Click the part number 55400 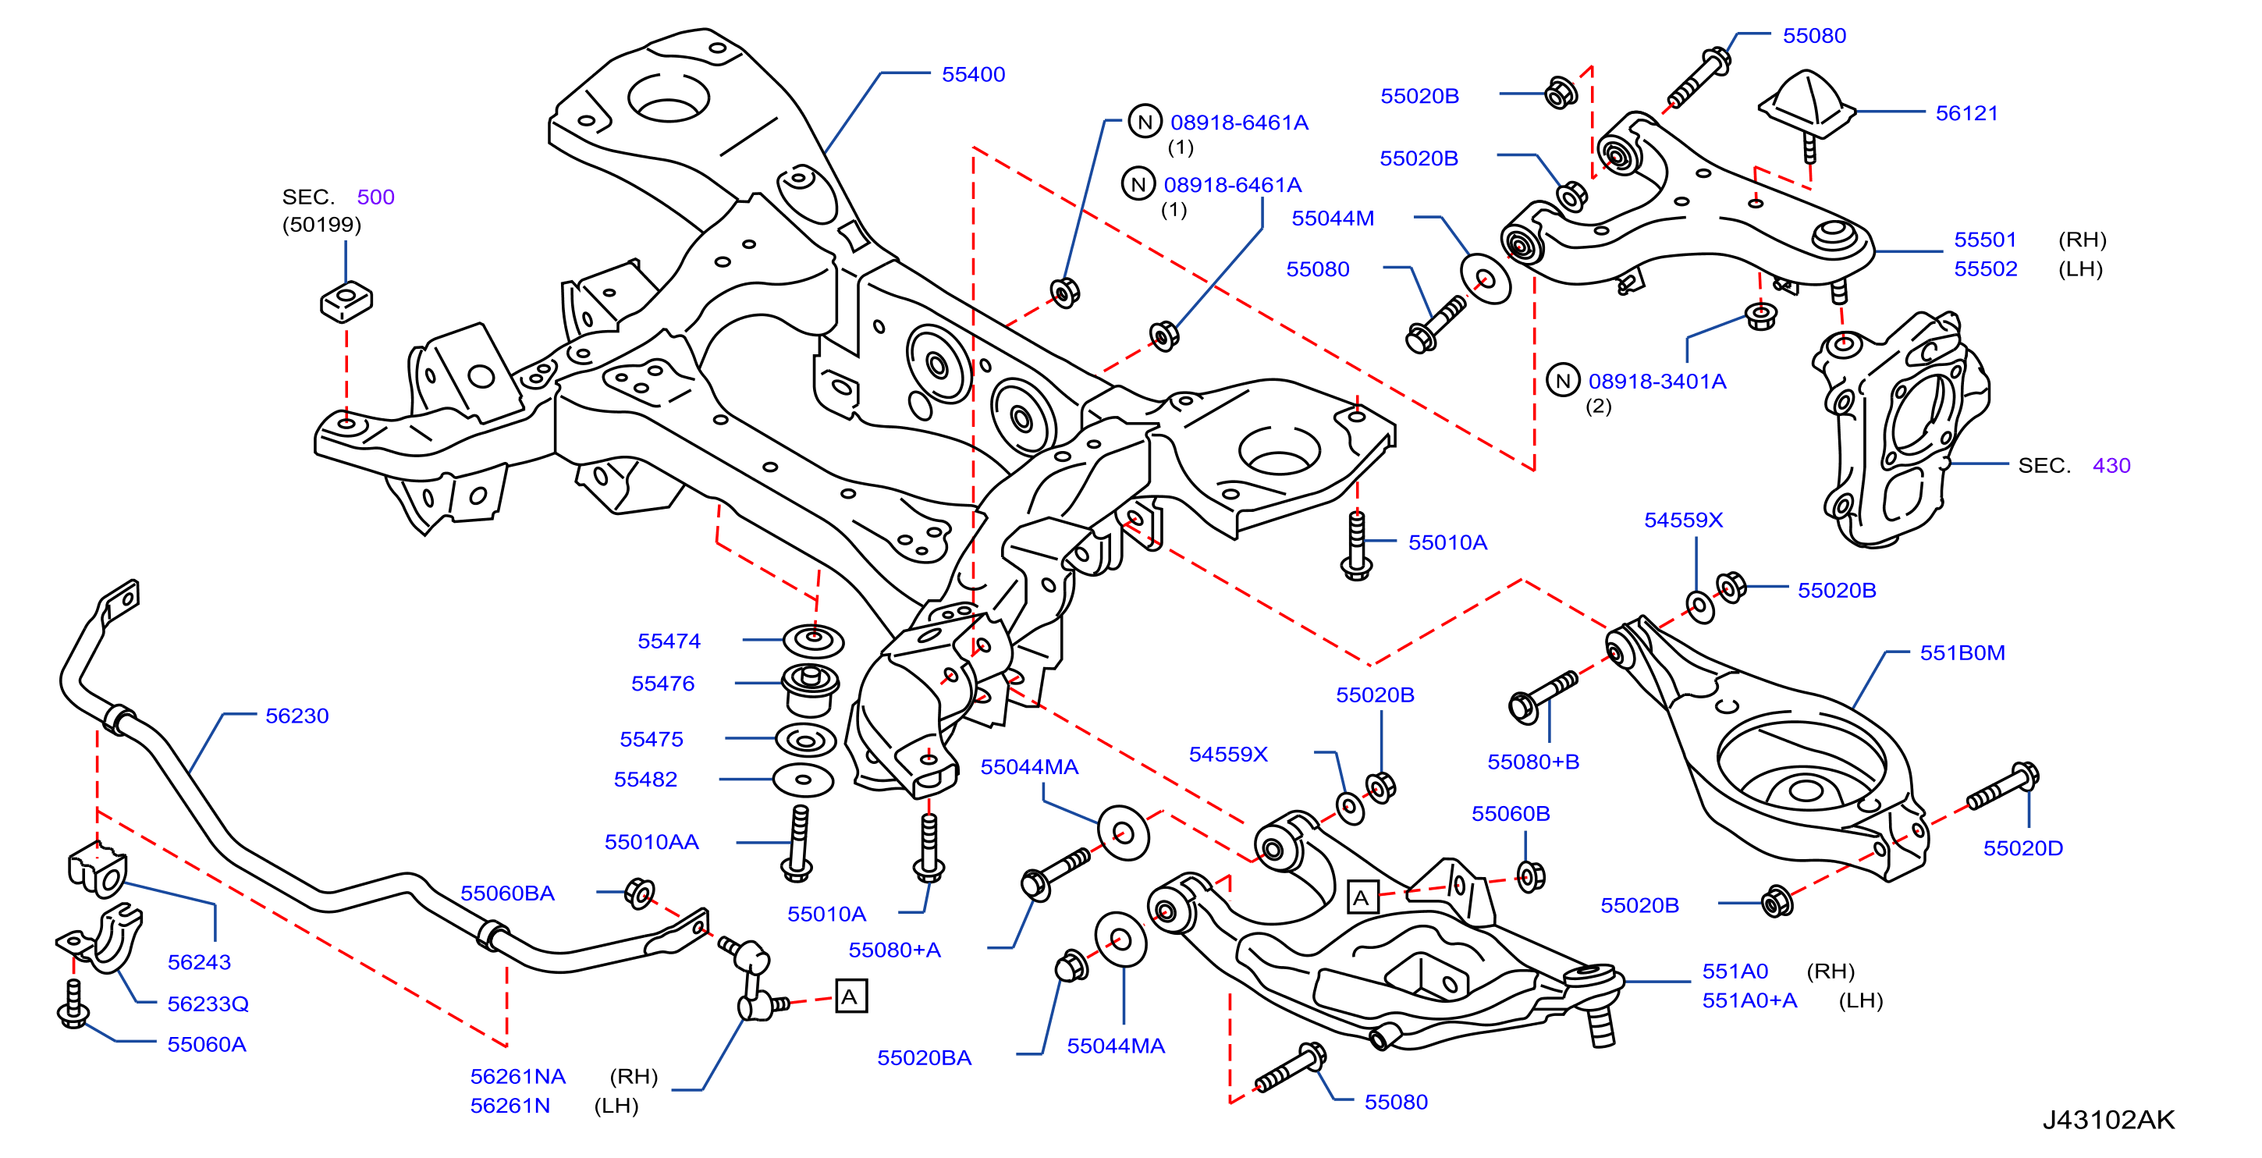click(x=973, y=75)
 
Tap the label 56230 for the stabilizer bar click(x=297, y=716)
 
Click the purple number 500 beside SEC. click(x=376, y=197)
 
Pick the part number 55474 click(x=669, y=641)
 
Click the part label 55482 click(x=645, y=779)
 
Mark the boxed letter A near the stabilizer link click(x=850, y=996)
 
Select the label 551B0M click(x=1962, y=652)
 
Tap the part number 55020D click(x=2023, y=848)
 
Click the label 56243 click(x=199, y=962)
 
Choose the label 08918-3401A click(x=1657, y=381)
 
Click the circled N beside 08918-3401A click(x=1562, y=380)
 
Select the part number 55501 click(x=1986, y=240)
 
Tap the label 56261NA click(x=518, y=1076)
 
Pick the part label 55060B click(x=1511, y=814)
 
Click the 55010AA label click(x=652, y=842)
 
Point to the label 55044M click(x=1332, y=218)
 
